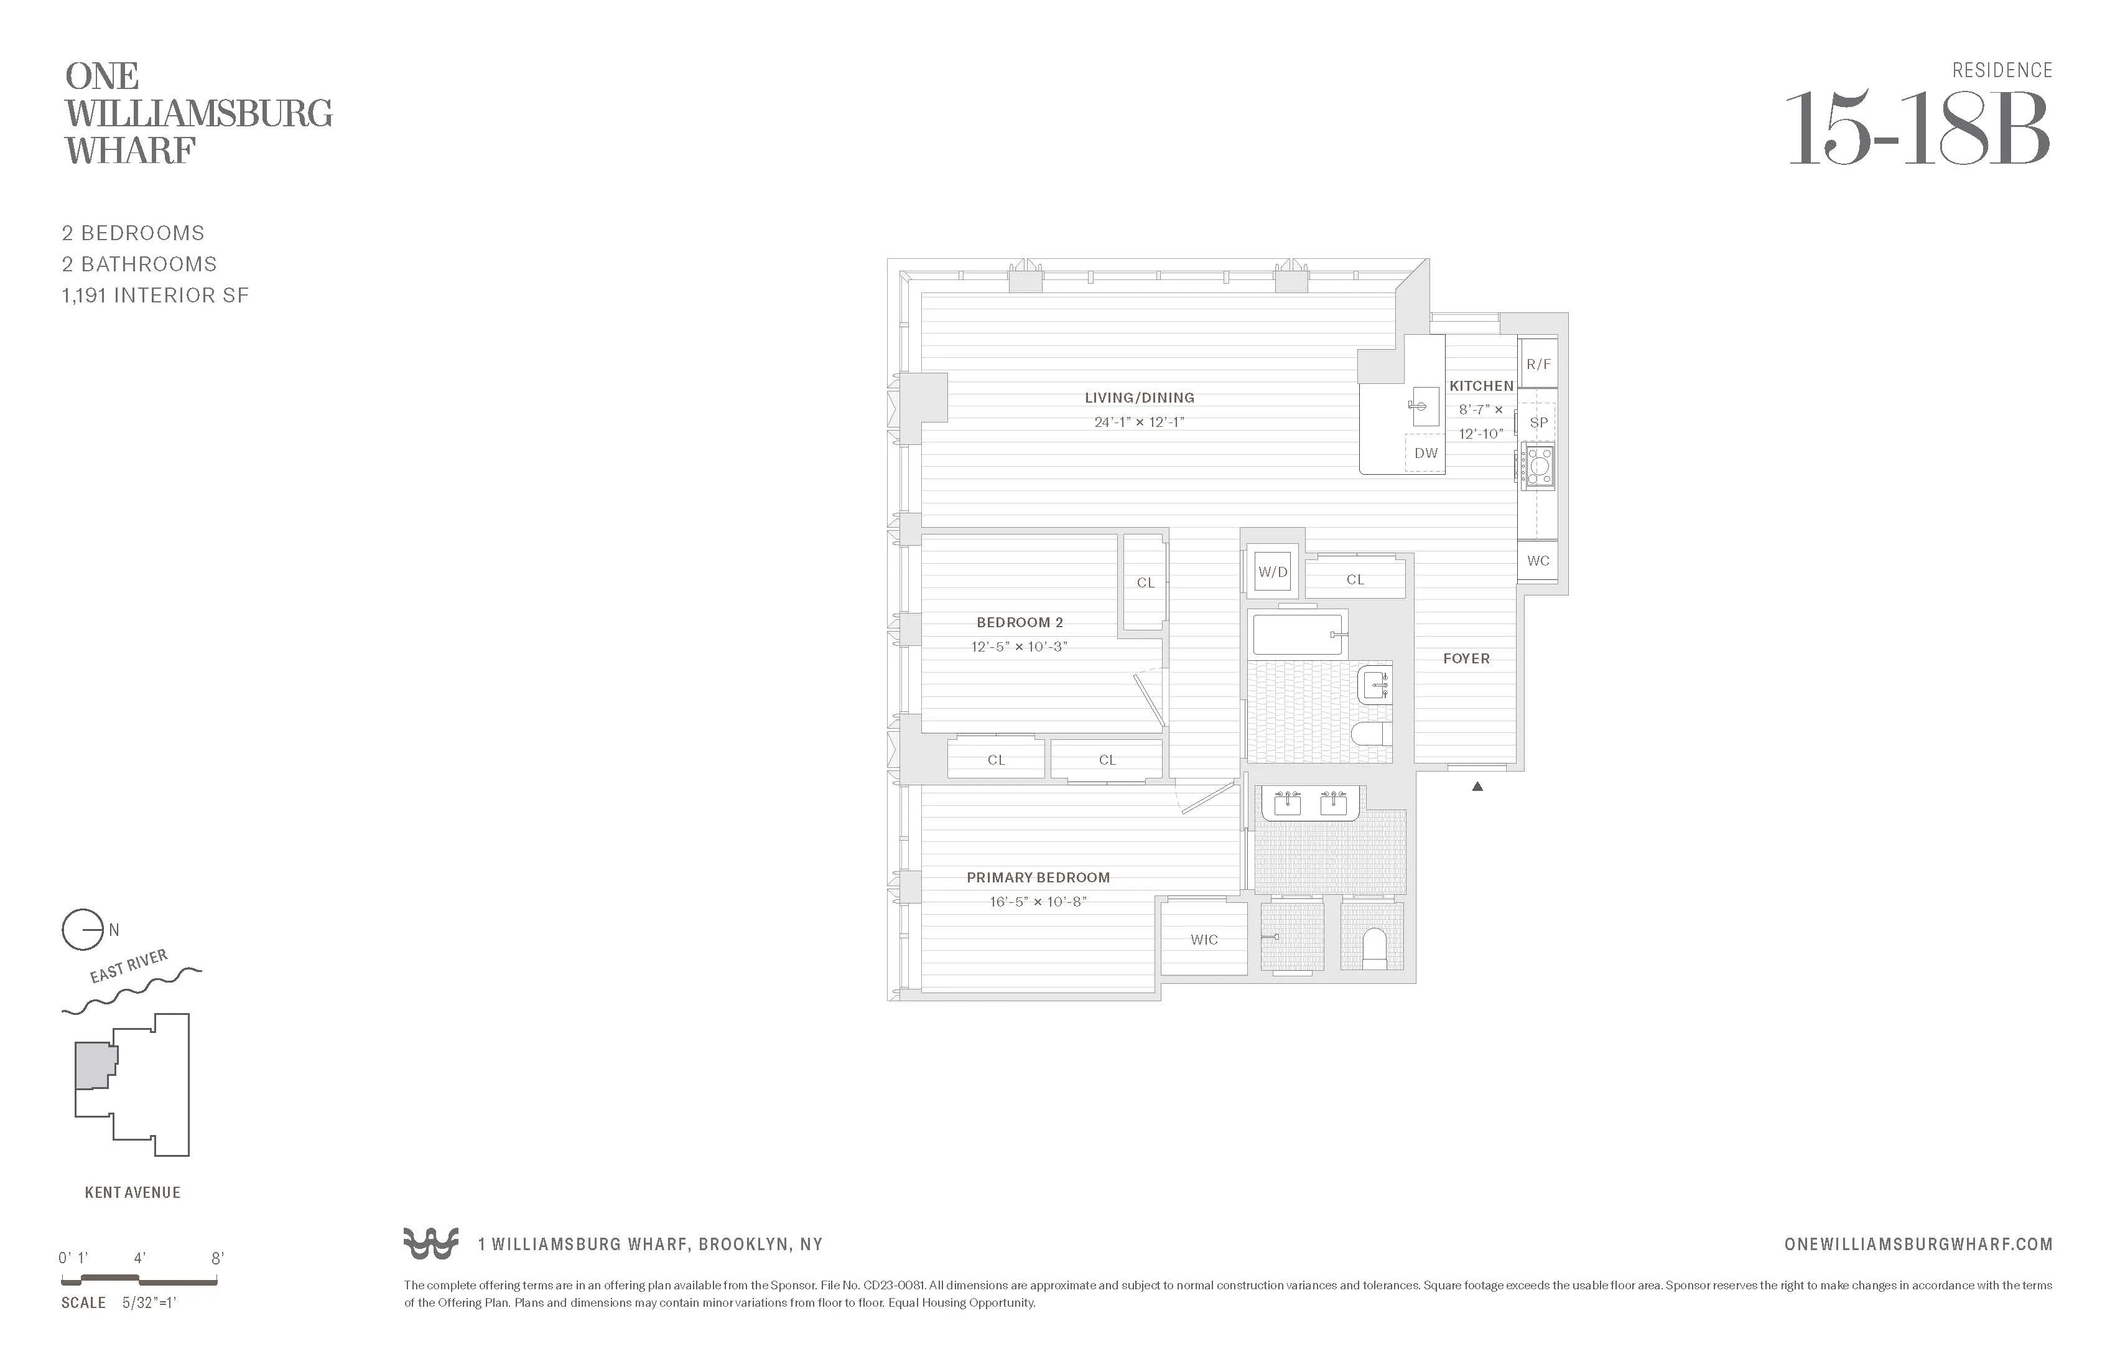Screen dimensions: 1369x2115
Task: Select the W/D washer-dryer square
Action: click(1271, 572)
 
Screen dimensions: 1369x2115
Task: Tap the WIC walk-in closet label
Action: click(1204, 940)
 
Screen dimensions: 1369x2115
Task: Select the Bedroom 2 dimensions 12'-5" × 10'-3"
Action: click(1018, 647)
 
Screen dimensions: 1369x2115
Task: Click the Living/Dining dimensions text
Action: click(1138, 423)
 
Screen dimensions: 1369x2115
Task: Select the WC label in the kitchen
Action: click(1537, 561)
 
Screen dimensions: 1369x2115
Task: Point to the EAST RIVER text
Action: click(129, 965)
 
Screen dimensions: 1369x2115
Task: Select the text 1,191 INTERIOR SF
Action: click(155, 295)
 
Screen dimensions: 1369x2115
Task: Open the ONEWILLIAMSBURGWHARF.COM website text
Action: click(1918, 1245)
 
